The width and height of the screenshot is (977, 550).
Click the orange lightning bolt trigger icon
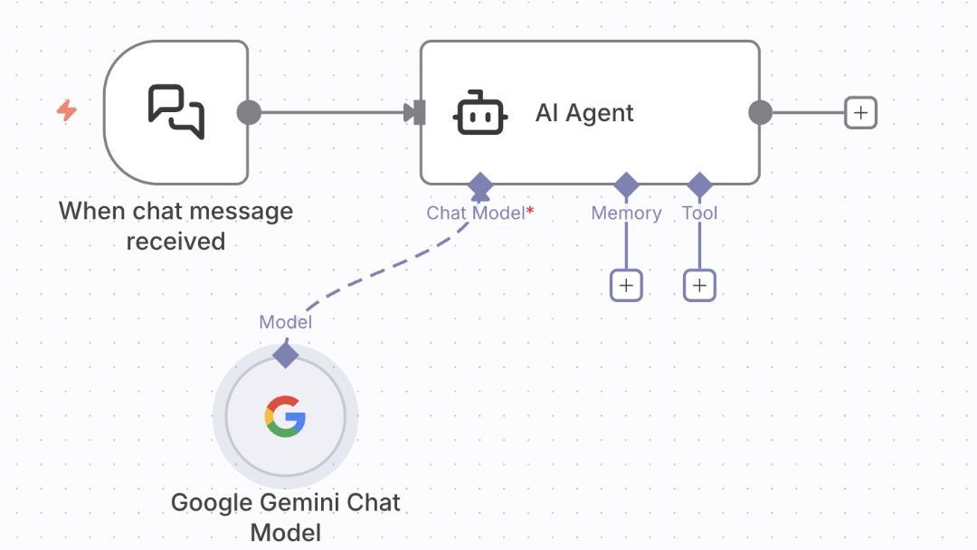click(x=67, y=111)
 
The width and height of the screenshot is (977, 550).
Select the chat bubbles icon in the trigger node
click(x=176, y=112)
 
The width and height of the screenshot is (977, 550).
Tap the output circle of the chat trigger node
click(x=249, y=112)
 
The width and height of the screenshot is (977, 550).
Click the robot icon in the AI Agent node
click(x=479, y=113)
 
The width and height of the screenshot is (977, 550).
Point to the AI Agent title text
click(x=584, y=113)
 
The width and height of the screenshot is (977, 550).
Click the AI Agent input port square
click(x=418, y=112)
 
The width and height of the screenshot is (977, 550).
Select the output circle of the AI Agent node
click(x=761, y=112)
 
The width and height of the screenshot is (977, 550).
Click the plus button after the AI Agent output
click(x=860, y=112)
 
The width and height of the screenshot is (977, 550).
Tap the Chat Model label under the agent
click(x=475, y=213)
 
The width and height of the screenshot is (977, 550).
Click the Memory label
click(x=626, y=213)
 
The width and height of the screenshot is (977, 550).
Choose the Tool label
click(x=699, y=213)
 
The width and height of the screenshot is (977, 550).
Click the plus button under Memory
click(x=626, y=286)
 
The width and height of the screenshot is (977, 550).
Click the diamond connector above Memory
click(x=626, y=185)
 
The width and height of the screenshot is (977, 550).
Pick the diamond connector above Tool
click(x=699, y=185)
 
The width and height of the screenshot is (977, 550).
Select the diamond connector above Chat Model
click(x=479, y=185)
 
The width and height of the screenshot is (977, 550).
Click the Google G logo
click(x=285, y=417)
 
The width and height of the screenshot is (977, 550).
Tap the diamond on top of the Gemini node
click(x=286, y=355)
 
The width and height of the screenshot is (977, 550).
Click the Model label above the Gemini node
click(x=285, y=322)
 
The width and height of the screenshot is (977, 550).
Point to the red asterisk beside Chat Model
click(x=530, y=210)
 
